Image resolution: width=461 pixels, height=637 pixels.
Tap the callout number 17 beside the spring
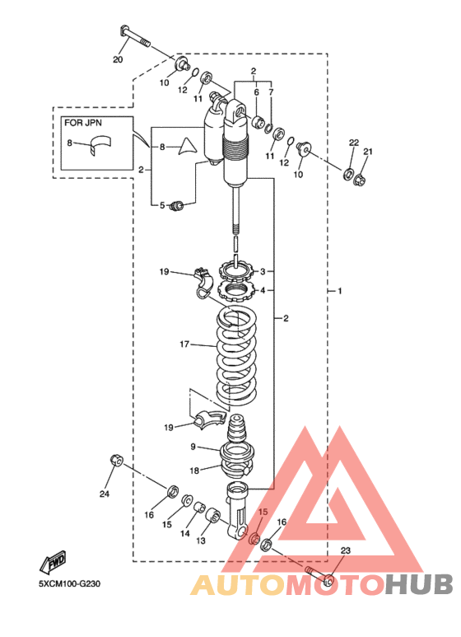click(x=184, y=344)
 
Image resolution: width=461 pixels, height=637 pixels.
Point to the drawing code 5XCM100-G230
click(x=70, y=584)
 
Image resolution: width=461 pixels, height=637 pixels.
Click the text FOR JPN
click(x=83, y=123)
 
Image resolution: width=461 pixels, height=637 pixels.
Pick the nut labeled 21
click(x=360, y=179)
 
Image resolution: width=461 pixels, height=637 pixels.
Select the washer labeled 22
click(x=348, y=174)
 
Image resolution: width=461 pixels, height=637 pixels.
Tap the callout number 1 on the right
click(x=340, y=291)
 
